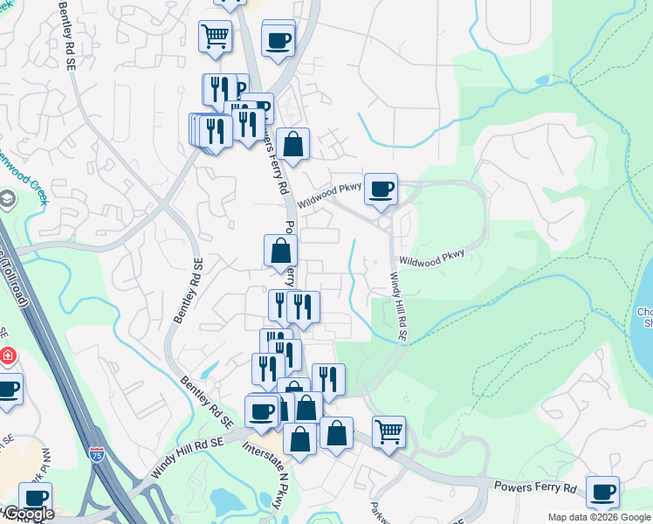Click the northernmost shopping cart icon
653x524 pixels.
point(215,37)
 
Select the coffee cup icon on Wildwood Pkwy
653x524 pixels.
point(381,189)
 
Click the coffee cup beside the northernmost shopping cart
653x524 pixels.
point(278,40)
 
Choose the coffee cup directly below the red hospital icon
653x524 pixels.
point(7,390)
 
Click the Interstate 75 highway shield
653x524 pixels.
point(97,454)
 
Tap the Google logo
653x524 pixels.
point(28,514)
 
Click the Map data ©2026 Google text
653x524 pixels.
point(598,517)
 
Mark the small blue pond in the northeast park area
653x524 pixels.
point(541,79)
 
